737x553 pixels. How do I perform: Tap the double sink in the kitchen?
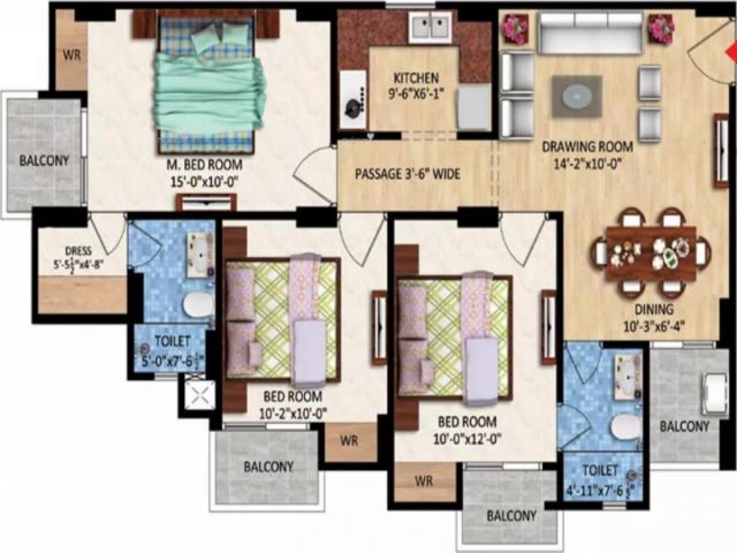pos(430,26)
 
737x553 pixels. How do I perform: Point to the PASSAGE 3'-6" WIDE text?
pos(408,174)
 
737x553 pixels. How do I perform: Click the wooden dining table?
pos(650,253)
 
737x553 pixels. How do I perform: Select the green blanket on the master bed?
pos(209,92)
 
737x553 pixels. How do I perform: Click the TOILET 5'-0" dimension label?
pos(172,348)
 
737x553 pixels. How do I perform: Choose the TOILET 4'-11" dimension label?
pos(600,479)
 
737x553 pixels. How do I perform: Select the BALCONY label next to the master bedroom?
pos(44,161)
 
